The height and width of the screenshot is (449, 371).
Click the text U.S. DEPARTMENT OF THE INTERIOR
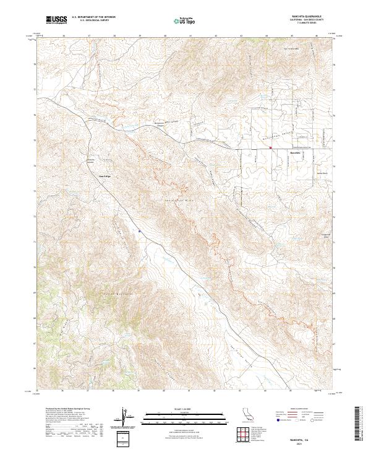coord(93,18)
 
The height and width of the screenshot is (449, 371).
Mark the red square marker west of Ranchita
coord(270,147)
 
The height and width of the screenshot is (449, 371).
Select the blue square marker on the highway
coord(140,232)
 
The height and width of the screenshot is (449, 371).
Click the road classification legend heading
coord(302,409)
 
